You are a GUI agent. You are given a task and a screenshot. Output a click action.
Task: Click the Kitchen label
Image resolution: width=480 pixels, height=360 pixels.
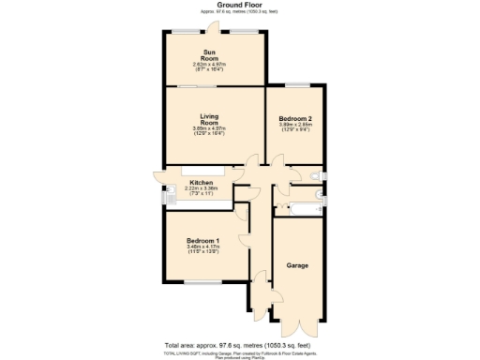coord(201,182)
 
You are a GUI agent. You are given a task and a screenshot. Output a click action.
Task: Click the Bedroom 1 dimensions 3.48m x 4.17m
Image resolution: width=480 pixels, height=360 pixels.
coord(203,249)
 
